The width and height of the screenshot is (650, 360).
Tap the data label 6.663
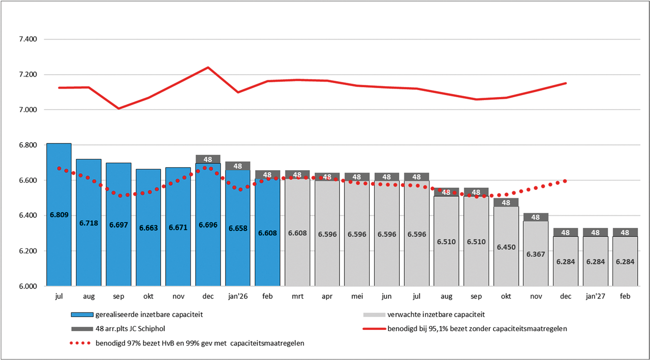click(148, 228)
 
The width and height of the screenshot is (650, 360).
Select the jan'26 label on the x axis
click(238, 296)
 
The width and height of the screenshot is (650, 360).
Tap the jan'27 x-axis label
click(595, 296)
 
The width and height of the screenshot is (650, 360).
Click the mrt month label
click(297, 296)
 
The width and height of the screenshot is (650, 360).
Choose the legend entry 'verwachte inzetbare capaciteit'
click(436, 315)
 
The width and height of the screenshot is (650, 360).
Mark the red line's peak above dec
click(208, 68)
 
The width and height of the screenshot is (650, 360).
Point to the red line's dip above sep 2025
click(119, 108)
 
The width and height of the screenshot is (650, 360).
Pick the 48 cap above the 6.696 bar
click(208, 159)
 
